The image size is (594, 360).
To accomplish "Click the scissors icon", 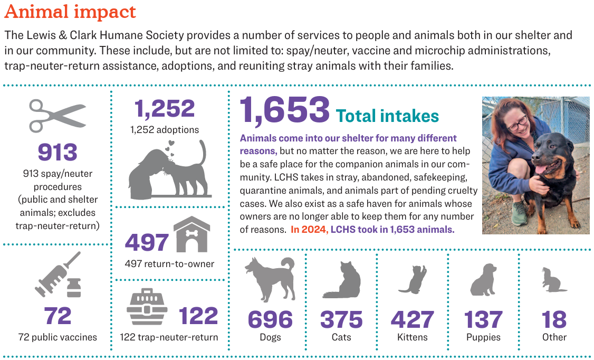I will pyautogui.click(x=57, y=117).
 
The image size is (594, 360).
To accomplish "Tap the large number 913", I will pyautogui.click(x=57, y=152).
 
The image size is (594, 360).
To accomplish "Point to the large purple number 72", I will pyautogui.click(x=58, y=316).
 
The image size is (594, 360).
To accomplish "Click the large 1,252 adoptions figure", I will pyautogui.click(x=164, y=108).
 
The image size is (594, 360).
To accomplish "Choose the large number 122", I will pyautogui.click(x=198, y=316).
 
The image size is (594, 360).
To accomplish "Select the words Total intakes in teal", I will pyautogui.click(x=387, y=116).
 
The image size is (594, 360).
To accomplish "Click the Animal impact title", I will pyautogui.click(x=70, y=12).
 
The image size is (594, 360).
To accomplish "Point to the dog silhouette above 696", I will pyautogui.click(x=270, y=279).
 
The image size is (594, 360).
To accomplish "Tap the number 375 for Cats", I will pyautogui.click(x=341, y=319).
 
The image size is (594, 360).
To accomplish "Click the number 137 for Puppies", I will pyautogui.click(x=483, y=319).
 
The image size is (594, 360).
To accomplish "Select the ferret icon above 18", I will pyautogui.click(x=553, y=280).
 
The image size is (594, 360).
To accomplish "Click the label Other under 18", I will pyautogui.click(x=554, y=337).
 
